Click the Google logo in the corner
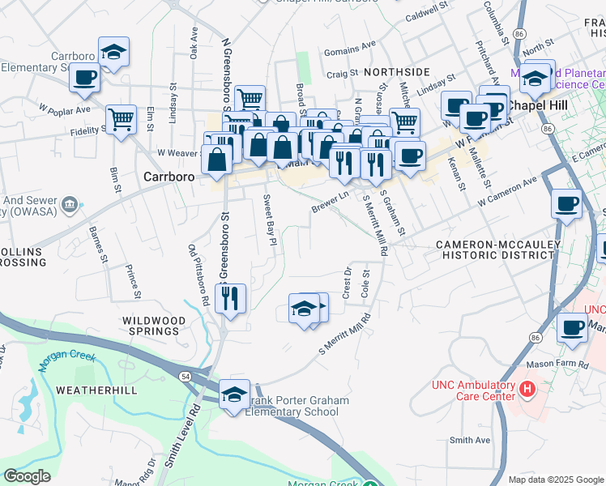pyautogui.click(x=27, y=476)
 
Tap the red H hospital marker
pyautogui.click(x=527, y=390)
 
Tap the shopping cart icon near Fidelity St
pyautogui.click(x=121, y=120)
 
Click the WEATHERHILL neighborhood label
pyautogui.click(x=89, y=390)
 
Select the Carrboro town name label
pyautogui.click(x=171, y=175)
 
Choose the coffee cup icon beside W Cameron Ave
pyautogui.click(x=567, y=202)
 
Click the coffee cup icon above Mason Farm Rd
pyautogui.click(x=572, y=327)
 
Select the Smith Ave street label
pyautogui.click(x=471, y=440)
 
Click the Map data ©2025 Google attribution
pyautogui.click(x=555, y=480)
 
